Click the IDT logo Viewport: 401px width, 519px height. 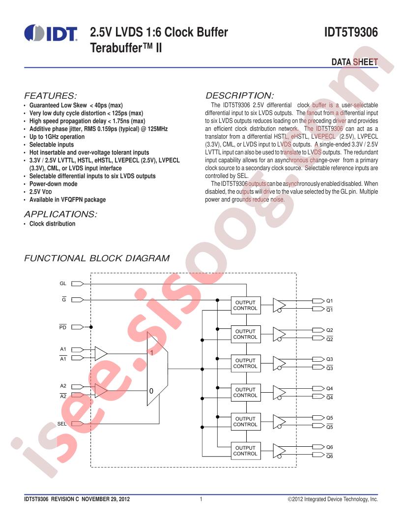point(51,33)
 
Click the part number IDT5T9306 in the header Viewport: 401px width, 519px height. point(351,32)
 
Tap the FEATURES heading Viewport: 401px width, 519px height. point(50,96)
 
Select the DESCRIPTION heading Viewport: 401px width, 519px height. point(239,96)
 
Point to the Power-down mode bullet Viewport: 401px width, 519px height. point(53,184)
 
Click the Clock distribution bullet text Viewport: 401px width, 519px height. point(52,224)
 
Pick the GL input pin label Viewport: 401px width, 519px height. point(63,283)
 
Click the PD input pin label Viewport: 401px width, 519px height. point(63,327)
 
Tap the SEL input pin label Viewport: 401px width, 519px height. point(62,424)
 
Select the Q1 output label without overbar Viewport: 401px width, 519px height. point(330,301)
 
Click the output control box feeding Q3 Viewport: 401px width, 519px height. point(245,363)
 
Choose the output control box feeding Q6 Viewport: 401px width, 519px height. point(245,451)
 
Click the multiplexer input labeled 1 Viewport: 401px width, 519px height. point(151,353)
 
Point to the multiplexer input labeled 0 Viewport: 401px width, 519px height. point(151,391)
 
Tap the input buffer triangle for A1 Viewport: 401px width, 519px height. point(101,353)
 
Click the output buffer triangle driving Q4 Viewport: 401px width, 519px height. point(279,393)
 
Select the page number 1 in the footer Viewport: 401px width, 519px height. point(201,499)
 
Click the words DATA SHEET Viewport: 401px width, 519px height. point(355,62)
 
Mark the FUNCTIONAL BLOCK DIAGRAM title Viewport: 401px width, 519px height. point(97,258)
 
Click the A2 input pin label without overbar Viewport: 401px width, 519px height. point(63,386)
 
